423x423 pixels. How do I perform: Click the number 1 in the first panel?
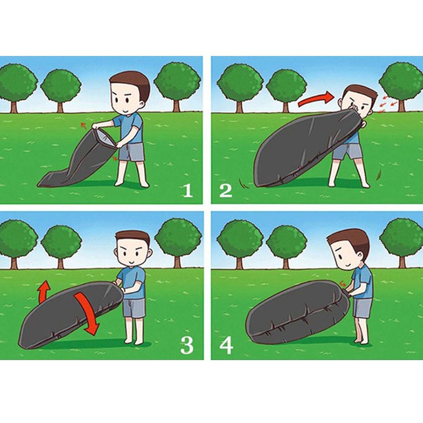188,190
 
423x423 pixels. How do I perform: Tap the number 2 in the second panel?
226,190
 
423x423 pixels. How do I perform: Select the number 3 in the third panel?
187,346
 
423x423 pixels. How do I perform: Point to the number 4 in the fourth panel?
226,346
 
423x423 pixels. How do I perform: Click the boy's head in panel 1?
129,93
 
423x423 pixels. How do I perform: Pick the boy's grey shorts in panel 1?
132,152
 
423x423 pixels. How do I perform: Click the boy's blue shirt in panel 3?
131,283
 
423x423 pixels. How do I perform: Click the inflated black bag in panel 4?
297,309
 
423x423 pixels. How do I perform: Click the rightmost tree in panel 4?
401,241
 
